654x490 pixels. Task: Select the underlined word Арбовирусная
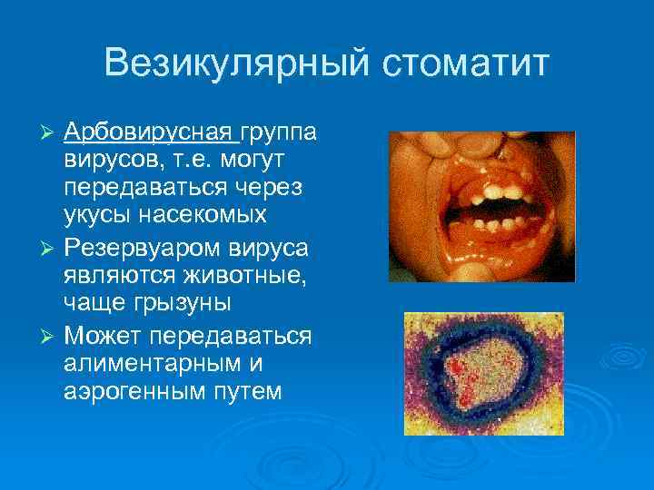pos(148,133)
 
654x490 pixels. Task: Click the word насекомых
pos(200,216)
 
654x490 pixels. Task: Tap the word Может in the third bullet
pos(107,336)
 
